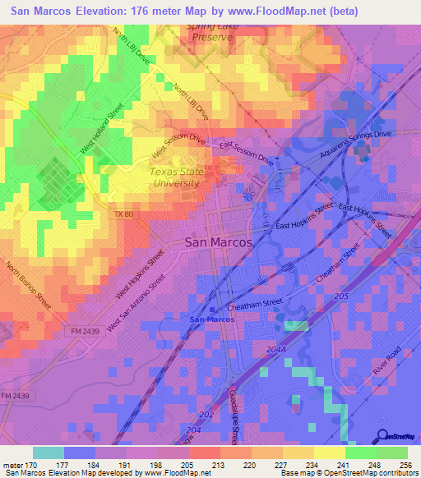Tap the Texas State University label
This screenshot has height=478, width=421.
pyautogui.click(x=174, y=177)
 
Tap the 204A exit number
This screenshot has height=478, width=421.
pyautogui.click(x=278, y=350)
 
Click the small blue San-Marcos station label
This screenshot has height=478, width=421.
pyautogui.click(x=212, y=319)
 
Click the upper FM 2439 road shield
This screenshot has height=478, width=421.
pyautogui.click(x=79, y=328)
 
